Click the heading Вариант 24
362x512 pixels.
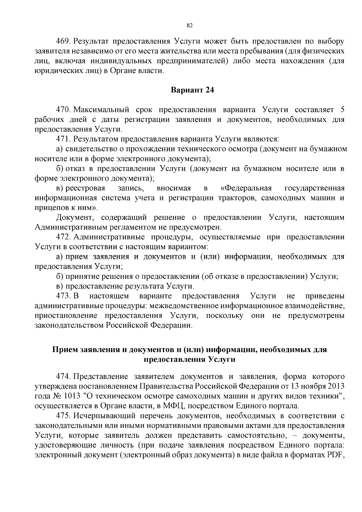tap(192, 90)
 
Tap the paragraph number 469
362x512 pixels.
tap(64, 41)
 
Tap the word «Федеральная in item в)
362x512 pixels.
tap(246, 188)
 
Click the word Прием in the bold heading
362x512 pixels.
tap(65, 350)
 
